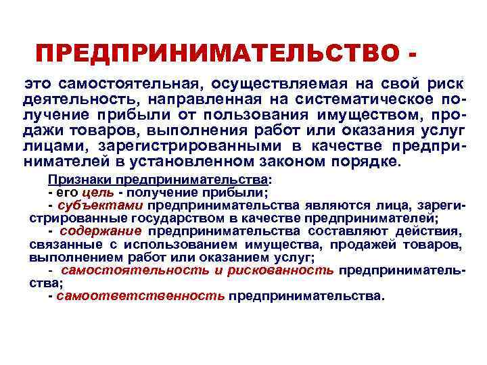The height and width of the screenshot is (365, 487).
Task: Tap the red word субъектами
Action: pos(101,205)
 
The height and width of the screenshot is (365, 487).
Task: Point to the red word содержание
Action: pos(101,231)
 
